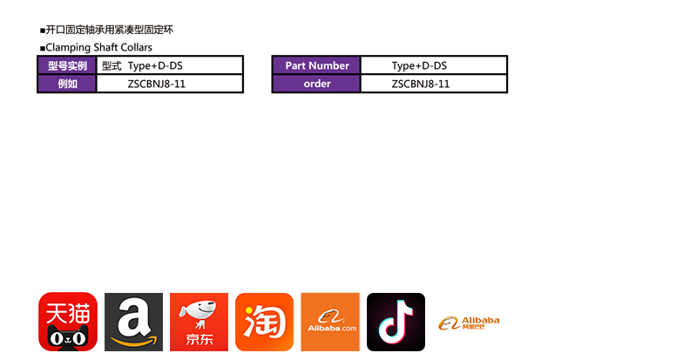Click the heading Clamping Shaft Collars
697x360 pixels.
click(97, 47)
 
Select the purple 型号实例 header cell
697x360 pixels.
click(67, 65)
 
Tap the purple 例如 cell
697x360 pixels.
click(67, 84)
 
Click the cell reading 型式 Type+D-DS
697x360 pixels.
click(169, 65)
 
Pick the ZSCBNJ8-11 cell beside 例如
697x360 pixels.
click(169, 84)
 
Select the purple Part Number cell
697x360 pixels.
click(316, 65)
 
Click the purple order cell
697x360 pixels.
click(316, 84)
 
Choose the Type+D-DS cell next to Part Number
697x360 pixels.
click(433, 65)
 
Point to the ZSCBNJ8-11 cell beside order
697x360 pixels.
click(433, 84)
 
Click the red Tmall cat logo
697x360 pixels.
click(68, 322)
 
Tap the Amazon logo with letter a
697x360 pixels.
click(133, 322)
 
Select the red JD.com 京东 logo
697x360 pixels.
click(199, 322)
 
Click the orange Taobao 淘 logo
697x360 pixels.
click(264, 322)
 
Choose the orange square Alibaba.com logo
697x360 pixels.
click(330, 322)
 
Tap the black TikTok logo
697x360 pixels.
click(396, 322)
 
